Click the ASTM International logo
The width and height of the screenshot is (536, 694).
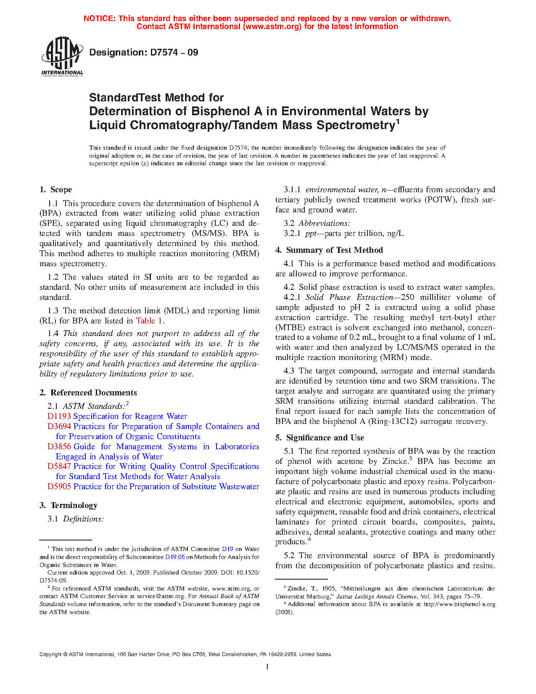click(62, 56)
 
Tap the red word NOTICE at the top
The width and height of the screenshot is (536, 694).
click(99, 19)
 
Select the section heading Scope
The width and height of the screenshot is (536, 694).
click(61, 190)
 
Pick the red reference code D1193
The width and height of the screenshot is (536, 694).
click(59, 416)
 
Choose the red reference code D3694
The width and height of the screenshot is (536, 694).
click(59, 426)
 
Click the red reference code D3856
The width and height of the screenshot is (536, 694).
click(59, 447)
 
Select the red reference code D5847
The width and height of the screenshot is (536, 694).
click(59, 466)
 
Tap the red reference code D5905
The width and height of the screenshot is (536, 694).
click(59, 487)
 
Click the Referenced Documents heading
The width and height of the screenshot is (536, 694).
click(94, 393)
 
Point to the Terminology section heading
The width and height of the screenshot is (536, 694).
click(74, 506)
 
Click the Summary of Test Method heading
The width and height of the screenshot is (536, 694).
click(334, 250)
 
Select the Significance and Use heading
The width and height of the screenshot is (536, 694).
click(325, 438)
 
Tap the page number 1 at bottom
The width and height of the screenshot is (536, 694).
click(267, 667)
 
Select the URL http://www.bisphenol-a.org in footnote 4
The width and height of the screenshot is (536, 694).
click(459, 604)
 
